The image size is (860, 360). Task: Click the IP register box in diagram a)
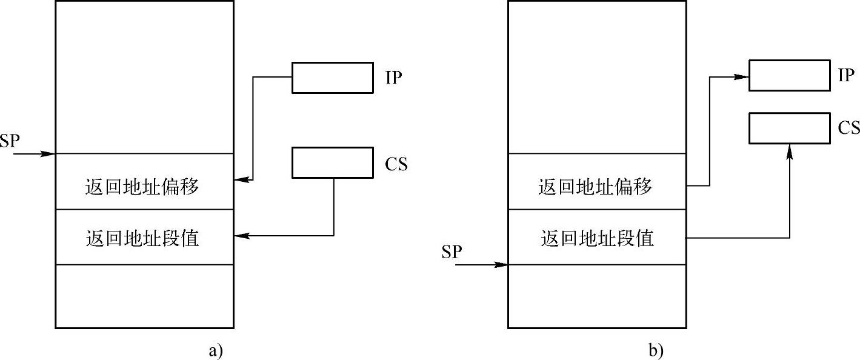coord(332,78)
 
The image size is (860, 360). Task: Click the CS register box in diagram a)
coord(332,162)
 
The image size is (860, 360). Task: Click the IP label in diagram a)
coord(393,78)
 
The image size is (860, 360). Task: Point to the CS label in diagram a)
coord(396,164)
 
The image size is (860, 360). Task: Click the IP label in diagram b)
coord(845,75)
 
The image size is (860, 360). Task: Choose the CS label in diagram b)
coord(848,128)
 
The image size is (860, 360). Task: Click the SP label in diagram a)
coord(10,141)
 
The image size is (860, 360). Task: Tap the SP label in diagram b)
coord(452,252)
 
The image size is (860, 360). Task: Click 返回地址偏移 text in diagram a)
coord(142,187)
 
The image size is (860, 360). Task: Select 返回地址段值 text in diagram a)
coord(142,238)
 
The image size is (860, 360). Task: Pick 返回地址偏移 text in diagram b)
coord(595,187)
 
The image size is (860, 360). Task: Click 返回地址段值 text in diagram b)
coord(596,238)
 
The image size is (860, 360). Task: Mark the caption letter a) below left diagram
coord(216,350)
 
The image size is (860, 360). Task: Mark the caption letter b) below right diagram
coord(656,350)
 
